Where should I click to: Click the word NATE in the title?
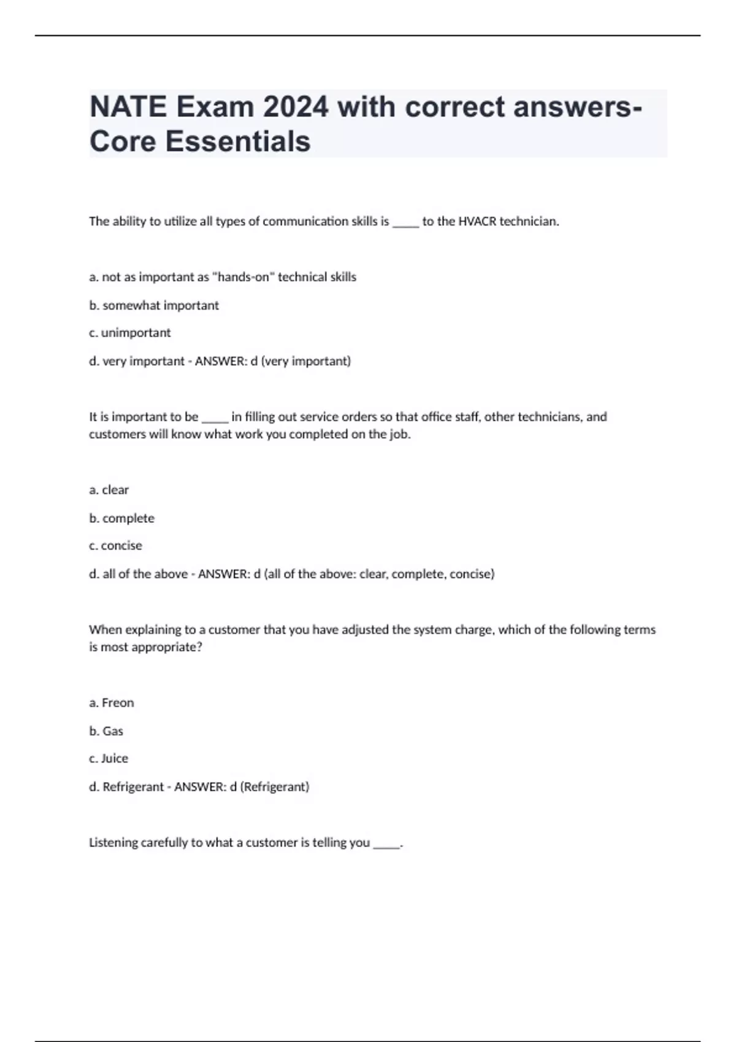pos(128,107)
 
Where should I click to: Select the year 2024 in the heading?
pos(296,107)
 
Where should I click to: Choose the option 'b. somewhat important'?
pos(154,305)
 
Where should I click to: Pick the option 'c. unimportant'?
pos(130,333)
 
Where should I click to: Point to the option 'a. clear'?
pos(109,490)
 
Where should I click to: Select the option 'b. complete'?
pos(122,518)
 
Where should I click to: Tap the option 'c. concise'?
pos(116,546)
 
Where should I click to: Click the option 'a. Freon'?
pos(112,702)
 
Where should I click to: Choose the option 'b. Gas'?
pos(106,731)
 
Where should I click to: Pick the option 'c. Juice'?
pos(109,758)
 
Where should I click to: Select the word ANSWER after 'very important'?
pos(220,361)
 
